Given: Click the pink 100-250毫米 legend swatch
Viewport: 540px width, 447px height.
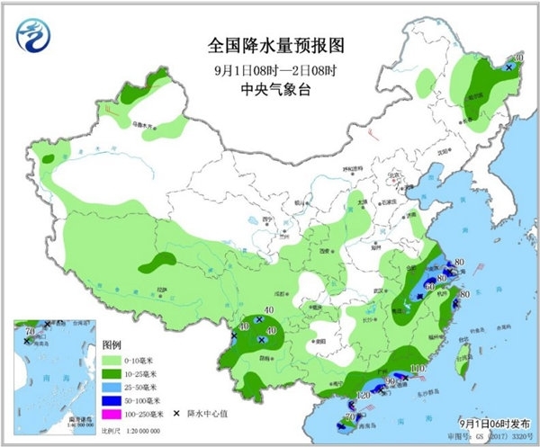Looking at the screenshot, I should pos(112,413).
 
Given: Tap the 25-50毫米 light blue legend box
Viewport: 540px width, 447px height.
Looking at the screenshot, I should pos(112,385).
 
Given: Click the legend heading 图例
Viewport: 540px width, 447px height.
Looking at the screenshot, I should pos(111,344).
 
